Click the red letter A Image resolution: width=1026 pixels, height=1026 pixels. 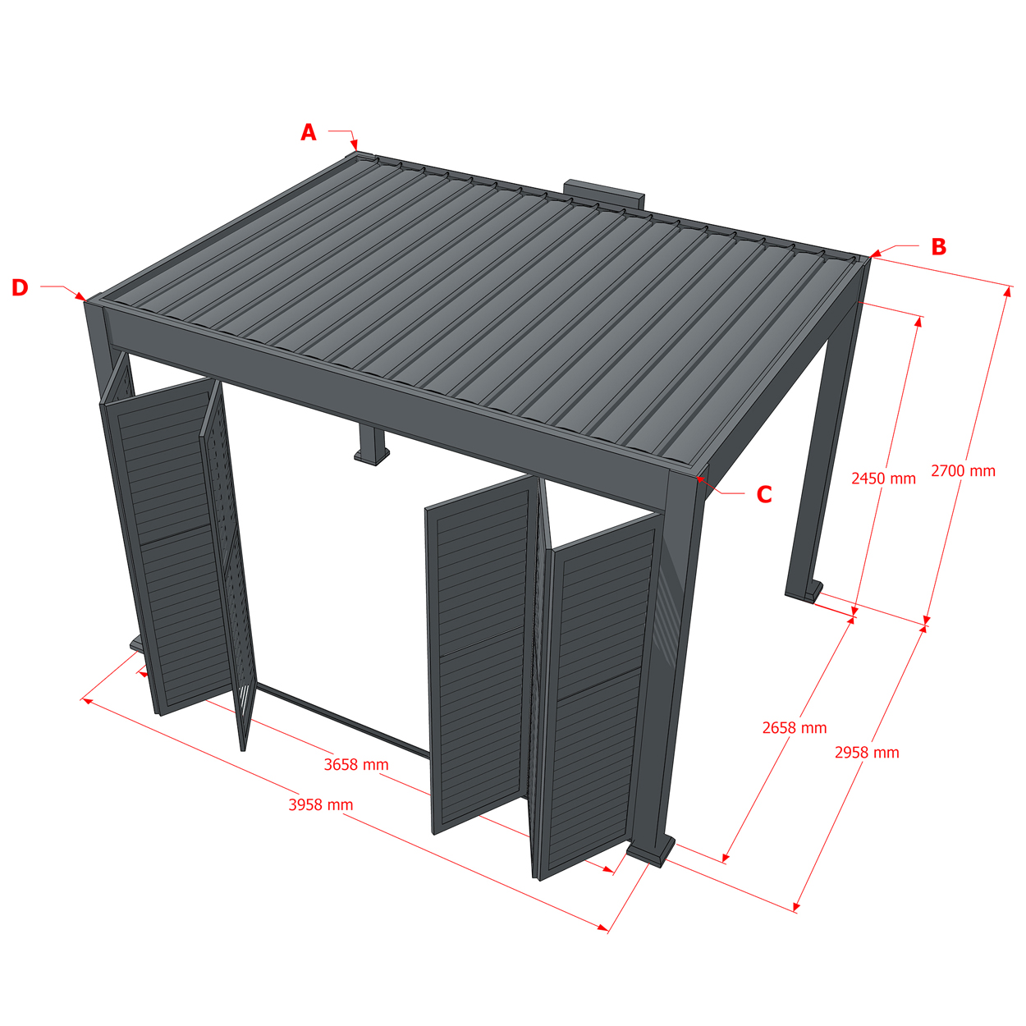[x=309, y=132]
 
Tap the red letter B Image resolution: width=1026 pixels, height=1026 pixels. [x=938, y=246]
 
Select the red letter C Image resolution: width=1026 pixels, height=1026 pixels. [x=764, y=495]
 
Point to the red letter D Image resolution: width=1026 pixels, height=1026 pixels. [x=20, y=287]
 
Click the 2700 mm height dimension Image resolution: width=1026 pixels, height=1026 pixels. [x=963, y=470]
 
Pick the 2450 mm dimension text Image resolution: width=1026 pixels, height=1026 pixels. [x=883, y=479]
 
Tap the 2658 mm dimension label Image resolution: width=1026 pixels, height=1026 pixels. [x=795, y=728]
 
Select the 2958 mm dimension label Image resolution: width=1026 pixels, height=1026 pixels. [x=867, y=753]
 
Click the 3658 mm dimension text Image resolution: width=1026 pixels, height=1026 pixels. [x=356, y=764]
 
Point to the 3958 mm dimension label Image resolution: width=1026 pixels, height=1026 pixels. [x=321, y=804]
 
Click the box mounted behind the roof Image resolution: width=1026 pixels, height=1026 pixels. [x=604, y=193]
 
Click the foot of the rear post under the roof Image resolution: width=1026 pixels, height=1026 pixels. [x=372, y=456]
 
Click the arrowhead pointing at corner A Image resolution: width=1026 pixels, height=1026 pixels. [x=355, y=144]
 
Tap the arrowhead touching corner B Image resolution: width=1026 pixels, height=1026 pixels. [x=875, y=254]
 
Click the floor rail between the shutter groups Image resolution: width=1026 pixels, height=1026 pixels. [x=343, y=719]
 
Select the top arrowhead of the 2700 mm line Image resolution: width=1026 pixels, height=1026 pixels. [x=1007, y=291]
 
